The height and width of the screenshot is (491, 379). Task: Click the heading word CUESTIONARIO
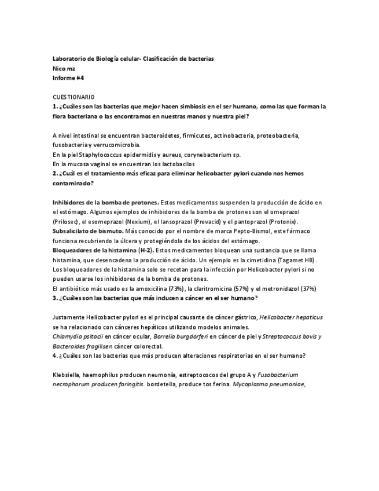[73, 97]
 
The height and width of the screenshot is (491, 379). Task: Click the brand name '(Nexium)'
[139, 222]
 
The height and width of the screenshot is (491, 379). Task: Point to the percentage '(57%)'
[246, 288]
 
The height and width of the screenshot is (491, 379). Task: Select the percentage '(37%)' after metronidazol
[308, 288]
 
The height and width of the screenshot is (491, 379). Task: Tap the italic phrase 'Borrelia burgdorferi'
[178, 336]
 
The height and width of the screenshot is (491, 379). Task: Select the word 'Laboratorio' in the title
[69, 59]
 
